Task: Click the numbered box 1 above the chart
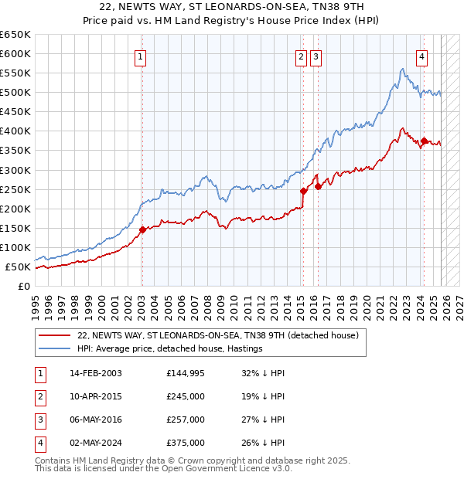pyautogui.click(x=141, y=56)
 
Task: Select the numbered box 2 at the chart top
pyautogui.click(x=301, y=56)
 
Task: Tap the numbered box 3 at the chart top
pyautogui.click(x=317, y=56)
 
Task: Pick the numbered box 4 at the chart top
pyautogui.click(x=421, y=56)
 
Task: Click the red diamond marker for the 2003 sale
pyautogui.click(x=142, y=229)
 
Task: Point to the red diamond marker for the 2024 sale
pyautogui.click(x=425, y=141)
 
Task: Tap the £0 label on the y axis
pyautogui.click(x=25, y=286)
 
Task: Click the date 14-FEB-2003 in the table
pyautogui.click(x=95, y=373)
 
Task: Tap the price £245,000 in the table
pyautogui.click(x=186, y=396)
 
